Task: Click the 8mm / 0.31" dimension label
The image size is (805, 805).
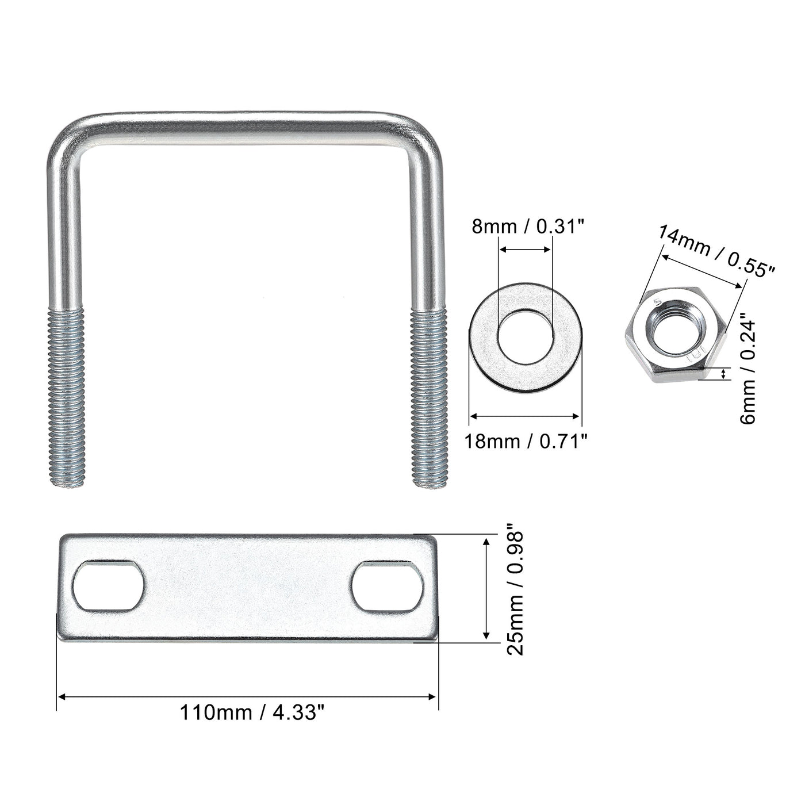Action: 527,227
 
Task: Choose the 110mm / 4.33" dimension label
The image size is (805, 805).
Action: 253,712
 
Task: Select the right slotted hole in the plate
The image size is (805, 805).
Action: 386,585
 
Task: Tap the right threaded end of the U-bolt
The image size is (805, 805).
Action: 429,397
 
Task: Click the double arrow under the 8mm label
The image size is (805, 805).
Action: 525,250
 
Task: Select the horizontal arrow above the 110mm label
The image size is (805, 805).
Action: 247,697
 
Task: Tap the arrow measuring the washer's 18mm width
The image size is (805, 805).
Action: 524,416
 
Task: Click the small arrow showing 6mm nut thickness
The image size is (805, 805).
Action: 723,375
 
